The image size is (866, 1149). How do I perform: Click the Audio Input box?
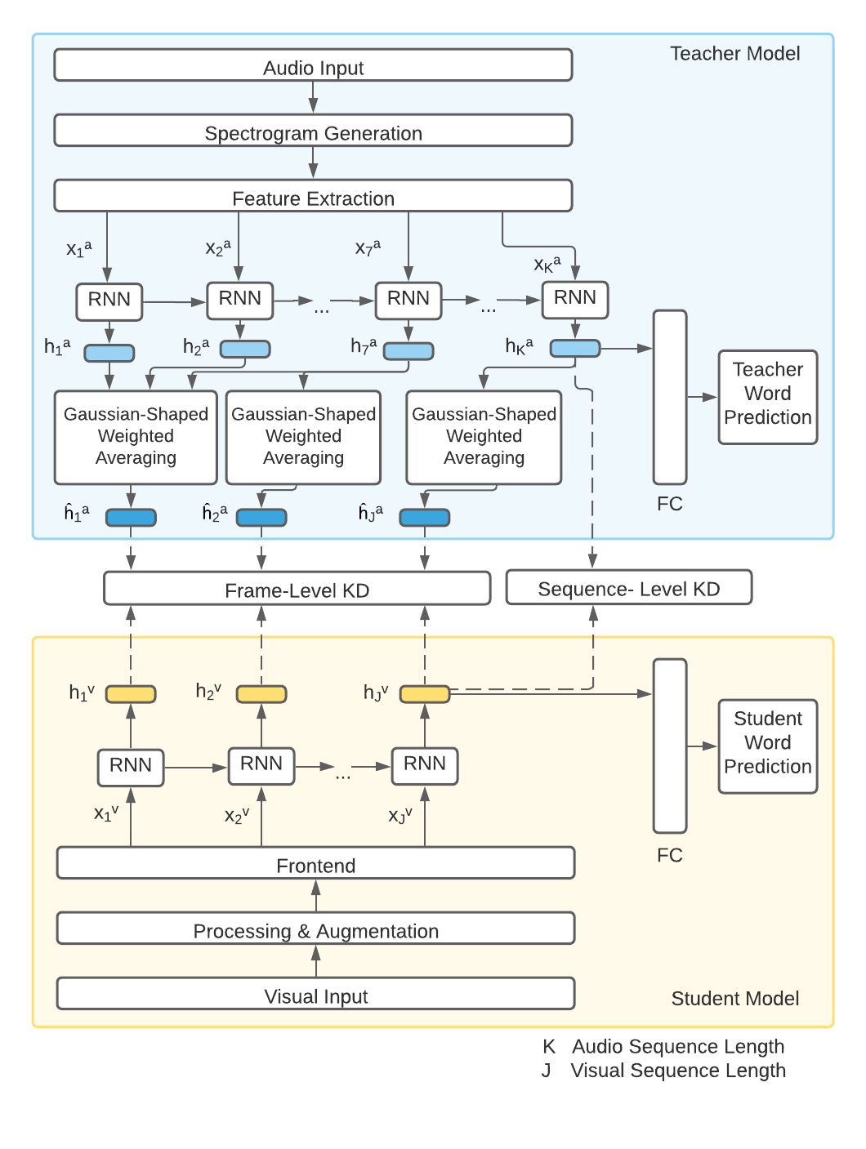click(x=313, y=65)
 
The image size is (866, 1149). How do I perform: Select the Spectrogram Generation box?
click(x=313, y=131)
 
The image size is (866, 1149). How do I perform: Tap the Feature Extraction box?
click(x=313, y=196)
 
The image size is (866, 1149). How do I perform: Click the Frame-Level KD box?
click(x=297, y=589)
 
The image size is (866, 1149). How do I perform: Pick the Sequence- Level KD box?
click(x=628, y=588)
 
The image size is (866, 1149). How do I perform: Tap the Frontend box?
click(x=315, y=863)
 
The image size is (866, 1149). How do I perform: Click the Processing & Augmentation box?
click(x=315, y=929)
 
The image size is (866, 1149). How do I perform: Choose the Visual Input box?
click(x=315, y=994)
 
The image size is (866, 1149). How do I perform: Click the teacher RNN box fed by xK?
click(x=575, y=300)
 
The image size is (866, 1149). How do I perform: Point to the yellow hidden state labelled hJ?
click(x=425, y=694)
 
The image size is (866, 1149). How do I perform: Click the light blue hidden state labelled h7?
click(x=408, y=351)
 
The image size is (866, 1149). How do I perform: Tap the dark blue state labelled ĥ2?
click(x=261, y=517)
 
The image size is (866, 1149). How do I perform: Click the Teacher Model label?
click(x=734, y=54)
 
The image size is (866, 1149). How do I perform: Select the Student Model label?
click(x=734, y=998)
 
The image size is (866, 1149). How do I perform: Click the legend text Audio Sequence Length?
click(x=678, y=1046)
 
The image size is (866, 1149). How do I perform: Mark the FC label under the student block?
click(x=669, y=855)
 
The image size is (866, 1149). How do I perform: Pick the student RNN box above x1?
click(x=131, y=767)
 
